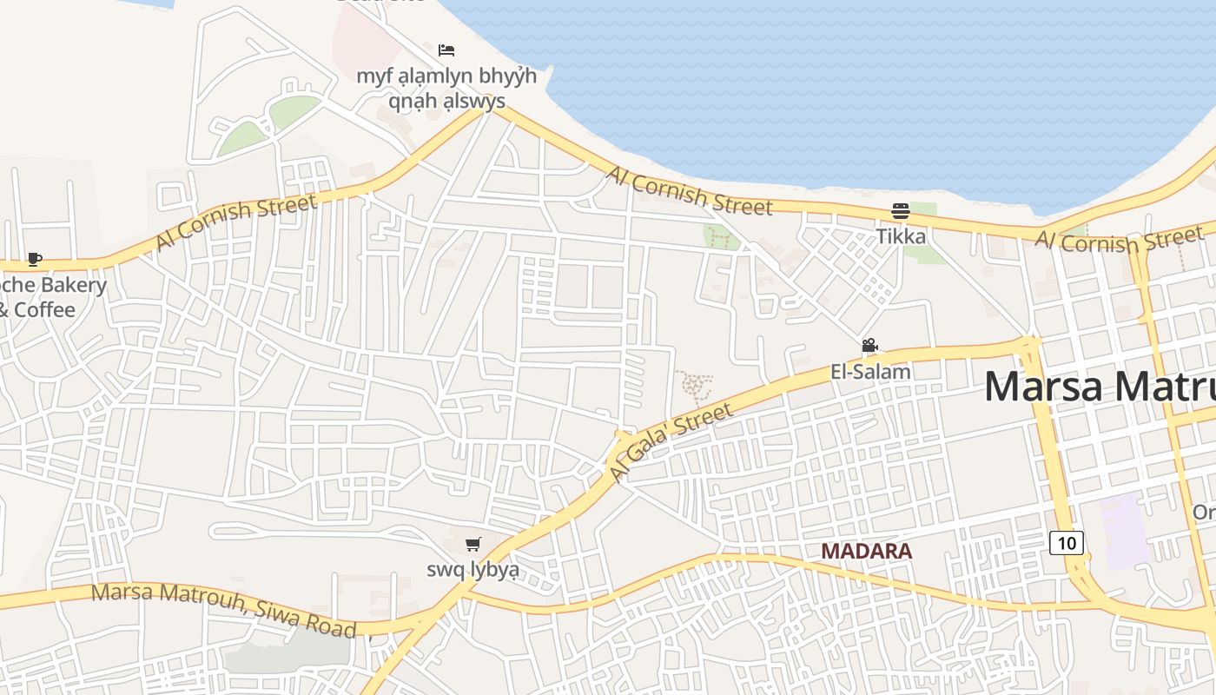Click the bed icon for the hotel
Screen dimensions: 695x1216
point(446,50)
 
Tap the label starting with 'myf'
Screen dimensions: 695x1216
point(446,89)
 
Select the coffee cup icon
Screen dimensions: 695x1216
point(34,259)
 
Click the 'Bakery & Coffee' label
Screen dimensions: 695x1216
point(52,297)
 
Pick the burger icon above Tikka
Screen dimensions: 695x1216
point(900,211)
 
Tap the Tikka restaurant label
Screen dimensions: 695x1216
point(901,236)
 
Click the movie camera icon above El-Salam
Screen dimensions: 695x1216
point(869,346)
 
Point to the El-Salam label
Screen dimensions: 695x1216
point(870,372)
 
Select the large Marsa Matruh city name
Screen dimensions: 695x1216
point(1099,386)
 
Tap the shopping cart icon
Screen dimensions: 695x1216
point(473,545)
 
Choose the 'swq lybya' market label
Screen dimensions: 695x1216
point(473,570)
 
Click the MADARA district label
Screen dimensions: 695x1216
point(866,551)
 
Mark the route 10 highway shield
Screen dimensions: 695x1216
point(1067,543)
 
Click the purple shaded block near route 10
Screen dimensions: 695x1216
point(1126,530)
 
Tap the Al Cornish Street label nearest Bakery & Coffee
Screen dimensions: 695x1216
point(236,222)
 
